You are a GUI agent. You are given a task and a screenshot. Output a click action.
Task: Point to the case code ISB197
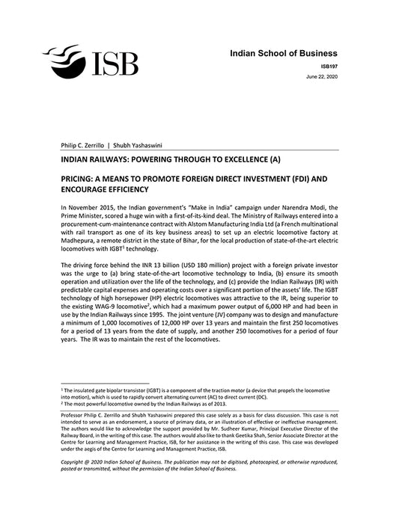point(327,67)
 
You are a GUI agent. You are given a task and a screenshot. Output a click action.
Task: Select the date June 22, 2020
point(322,78)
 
